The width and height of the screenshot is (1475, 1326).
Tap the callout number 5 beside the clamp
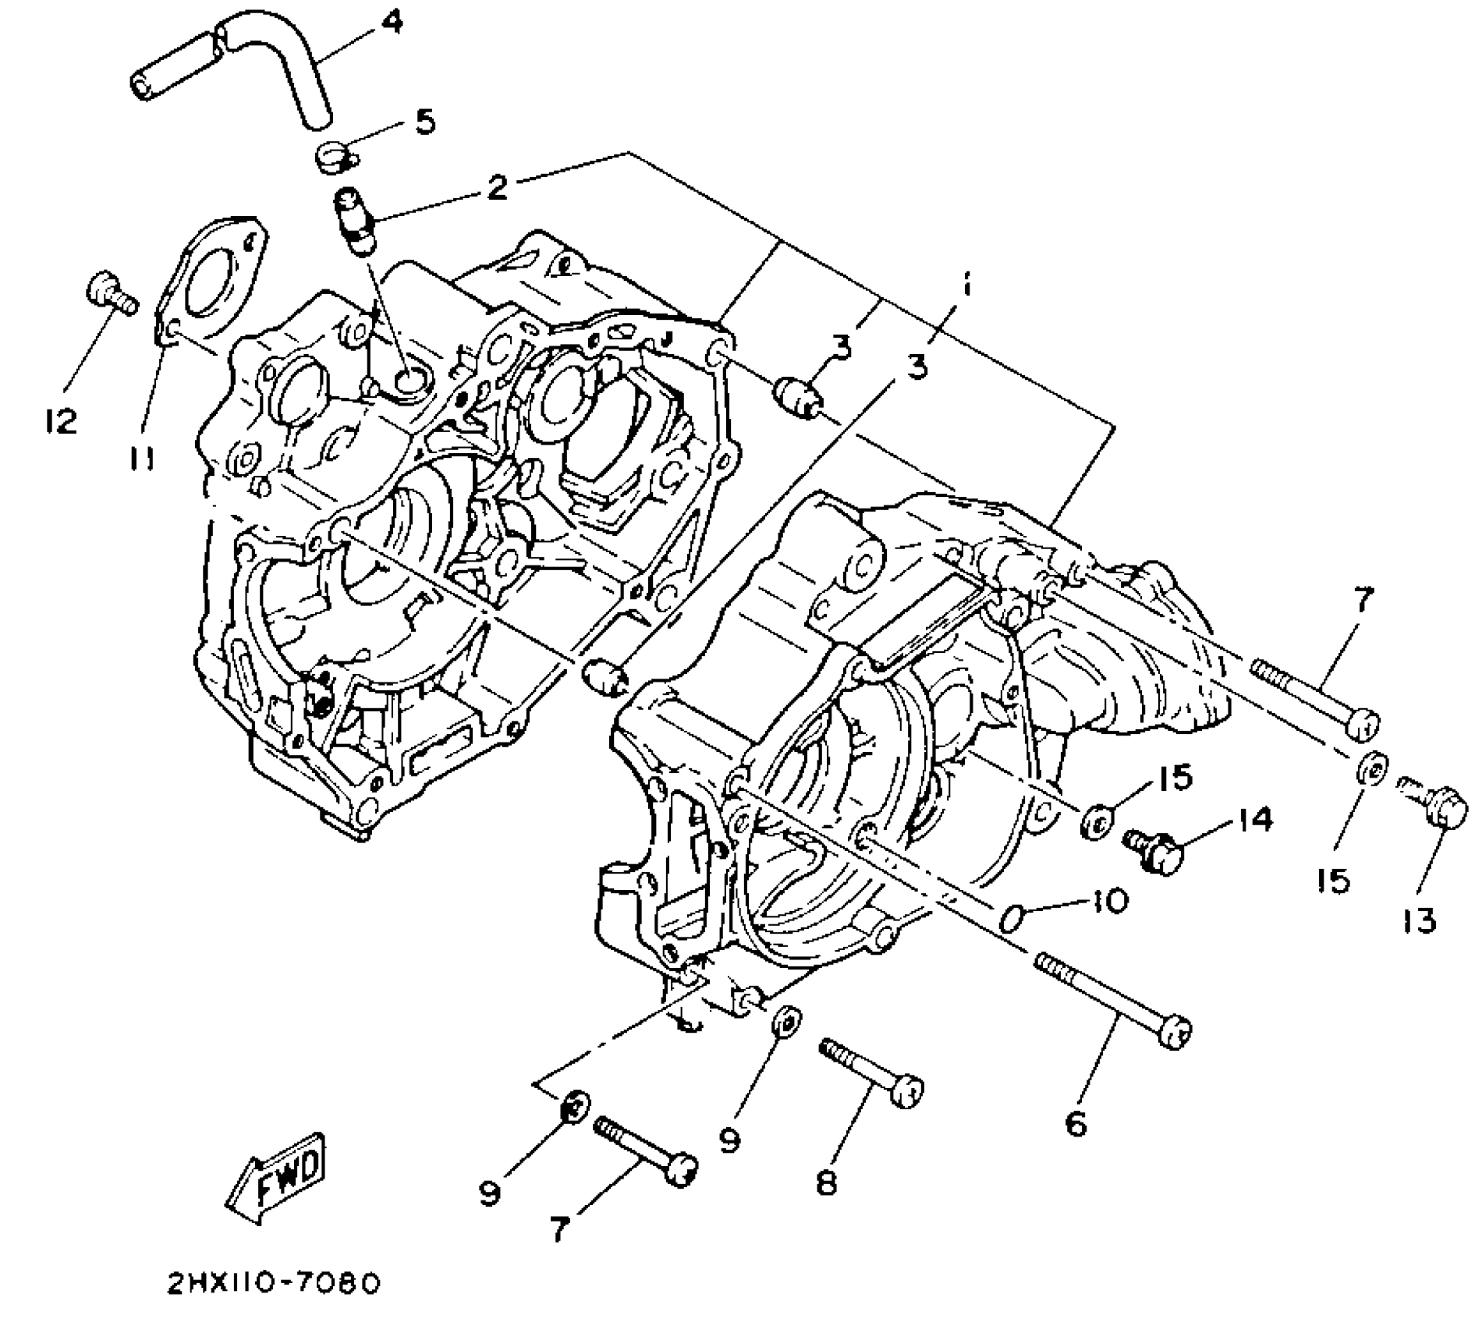424,122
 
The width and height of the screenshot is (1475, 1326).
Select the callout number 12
59,421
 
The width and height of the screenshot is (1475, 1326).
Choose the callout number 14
1253,820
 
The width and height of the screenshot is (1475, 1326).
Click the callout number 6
1075,1124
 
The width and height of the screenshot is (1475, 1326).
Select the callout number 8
825,1182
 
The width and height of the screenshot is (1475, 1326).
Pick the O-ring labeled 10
1011,919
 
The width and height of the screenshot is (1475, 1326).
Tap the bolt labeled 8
871,1070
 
